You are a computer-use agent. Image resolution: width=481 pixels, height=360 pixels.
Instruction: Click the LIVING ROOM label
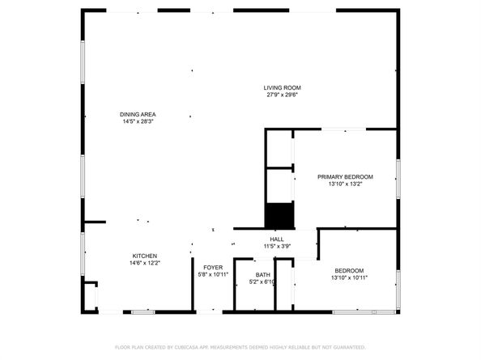coord(282,87)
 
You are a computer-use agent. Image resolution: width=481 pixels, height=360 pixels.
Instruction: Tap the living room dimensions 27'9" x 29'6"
coord(282,95)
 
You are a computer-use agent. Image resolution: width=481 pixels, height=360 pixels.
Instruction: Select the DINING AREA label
coord(138,115)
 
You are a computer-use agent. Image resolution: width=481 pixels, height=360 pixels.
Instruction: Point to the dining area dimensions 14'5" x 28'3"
coord(138,122)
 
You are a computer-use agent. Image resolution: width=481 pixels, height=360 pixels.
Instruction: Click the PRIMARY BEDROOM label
coord(345,176)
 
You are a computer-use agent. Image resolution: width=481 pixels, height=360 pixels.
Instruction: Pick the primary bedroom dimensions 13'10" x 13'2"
coord(345,184)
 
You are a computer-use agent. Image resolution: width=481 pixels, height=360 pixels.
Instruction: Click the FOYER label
coord(213,267)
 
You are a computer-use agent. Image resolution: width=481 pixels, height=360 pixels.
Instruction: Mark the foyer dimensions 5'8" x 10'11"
coord(213,274)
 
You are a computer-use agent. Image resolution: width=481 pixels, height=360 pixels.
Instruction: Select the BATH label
coord(263,274)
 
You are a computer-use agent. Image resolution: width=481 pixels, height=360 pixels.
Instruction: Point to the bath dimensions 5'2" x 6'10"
coord(263,282)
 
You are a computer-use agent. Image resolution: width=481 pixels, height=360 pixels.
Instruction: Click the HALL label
coord(276,239)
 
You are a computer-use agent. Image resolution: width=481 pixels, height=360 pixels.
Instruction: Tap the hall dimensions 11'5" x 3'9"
coord(276,246)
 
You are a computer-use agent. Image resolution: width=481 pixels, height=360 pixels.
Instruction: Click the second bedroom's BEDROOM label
coord(349,270)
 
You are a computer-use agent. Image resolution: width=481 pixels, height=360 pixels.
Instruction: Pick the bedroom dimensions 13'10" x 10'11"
coord(349,277)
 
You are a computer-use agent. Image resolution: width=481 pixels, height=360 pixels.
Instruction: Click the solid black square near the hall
coord(279,215)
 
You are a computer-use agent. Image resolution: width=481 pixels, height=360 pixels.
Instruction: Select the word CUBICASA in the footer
coord(185,347)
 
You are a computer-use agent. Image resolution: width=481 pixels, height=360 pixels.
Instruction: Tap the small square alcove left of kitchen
coord(91,293)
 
